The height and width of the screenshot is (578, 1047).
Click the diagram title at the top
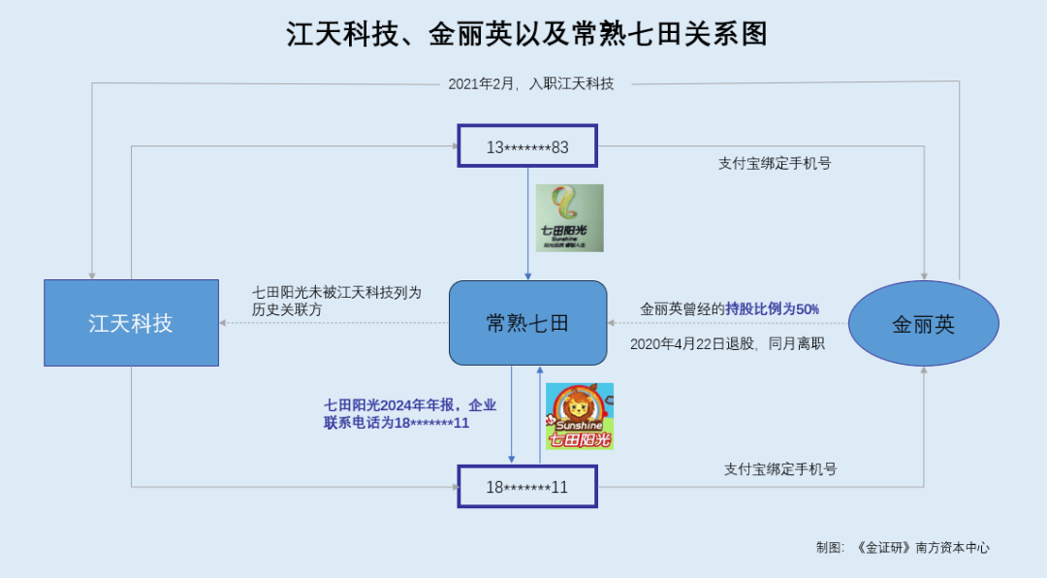[526, 34]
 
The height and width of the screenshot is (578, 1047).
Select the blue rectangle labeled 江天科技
[132, 323]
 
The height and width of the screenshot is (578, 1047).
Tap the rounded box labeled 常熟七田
[527, 323]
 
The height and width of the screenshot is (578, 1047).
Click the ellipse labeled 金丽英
[924, 323]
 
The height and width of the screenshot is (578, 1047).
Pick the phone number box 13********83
[527, 145]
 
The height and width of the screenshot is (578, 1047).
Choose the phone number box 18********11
[527, 487]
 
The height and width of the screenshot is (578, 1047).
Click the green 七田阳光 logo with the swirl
[570, 218]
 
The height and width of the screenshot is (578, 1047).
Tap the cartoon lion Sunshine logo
[580, 416]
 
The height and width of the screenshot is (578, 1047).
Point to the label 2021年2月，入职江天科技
[531, 83]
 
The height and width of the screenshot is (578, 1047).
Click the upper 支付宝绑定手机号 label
[775, 163]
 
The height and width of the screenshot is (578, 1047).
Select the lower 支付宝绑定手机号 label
[780, 469]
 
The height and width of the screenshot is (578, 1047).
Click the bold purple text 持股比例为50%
[773, 308]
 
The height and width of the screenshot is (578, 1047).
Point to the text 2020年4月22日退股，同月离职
[727, 343]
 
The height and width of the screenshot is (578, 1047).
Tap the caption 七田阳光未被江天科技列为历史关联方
[336, 301]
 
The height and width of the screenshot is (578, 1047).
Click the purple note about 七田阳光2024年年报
[410, 414]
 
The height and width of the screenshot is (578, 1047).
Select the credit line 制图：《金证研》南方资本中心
[903, 547]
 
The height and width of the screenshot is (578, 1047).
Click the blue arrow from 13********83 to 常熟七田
[527, 224]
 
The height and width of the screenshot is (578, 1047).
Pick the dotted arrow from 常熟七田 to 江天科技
[333, 323]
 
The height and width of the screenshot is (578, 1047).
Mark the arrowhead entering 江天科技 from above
[92, 276]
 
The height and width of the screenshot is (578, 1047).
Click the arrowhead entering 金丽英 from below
[924, 370]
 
